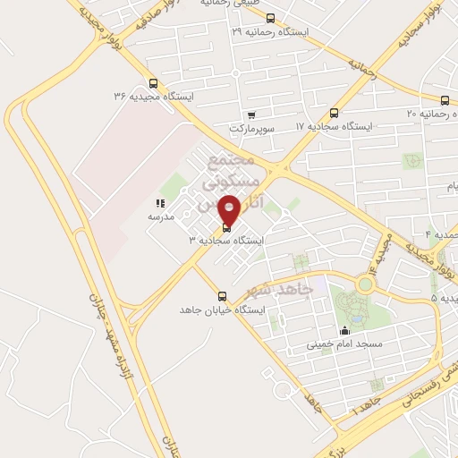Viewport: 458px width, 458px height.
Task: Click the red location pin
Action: click(229, 211)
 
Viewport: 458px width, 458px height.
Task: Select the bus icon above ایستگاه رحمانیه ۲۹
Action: click(270, 18)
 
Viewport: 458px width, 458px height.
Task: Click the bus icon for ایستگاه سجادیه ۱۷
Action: click(334, 113)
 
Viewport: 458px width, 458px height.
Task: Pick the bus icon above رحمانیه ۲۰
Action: click(445, 99)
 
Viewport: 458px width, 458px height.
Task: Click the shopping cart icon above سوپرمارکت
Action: click(251, 114)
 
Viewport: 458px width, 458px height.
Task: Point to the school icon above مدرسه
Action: click(160, 204)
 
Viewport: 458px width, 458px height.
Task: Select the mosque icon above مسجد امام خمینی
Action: click(345, 330)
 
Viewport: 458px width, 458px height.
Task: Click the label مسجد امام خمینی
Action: click(344, 343)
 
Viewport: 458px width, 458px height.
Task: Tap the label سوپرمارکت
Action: click(250, 128)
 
